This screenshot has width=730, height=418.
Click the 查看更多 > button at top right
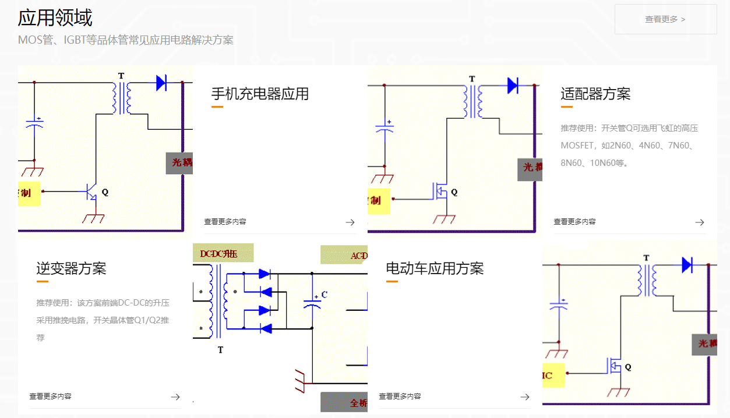(x=665, y=19)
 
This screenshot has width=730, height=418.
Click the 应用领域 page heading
(x=55, y=17)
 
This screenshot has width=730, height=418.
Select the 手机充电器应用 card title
(x=260, y=94)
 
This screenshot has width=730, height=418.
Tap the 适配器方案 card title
(x=595, y=94)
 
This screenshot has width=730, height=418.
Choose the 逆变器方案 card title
(x=71, y=268)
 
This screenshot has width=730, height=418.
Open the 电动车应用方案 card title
(x=435, y=268)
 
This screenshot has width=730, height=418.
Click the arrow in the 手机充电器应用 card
(x=350, y=222)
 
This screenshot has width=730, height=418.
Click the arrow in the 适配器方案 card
(x=700, y=222)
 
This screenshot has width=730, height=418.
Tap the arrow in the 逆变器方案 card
(x=175, y=396)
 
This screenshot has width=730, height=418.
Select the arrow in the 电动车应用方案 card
(x=525, y=396)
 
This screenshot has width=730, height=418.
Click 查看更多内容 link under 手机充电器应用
(x=225, y=222)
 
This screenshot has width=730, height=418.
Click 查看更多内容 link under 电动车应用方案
(x=400, y=396)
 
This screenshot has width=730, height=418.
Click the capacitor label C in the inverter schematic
(x=325, y=295)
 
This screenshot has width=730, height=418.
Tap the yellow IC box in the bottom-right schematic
(x=553, y=376)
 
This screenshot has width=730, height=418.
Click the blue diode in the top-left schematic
(x=161, y=83)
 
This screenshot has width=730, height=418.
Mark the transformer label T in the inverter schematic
(x=220, y=350)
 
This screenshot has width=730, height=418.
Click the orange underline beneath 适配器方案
(x=566, y=107)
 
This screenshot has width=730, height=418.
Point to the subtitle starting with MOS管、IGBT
(x=125, y=40)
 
